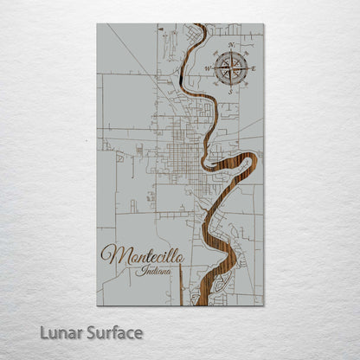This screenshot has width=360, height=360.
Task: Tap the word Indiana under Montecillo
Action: click(x=155, y=271)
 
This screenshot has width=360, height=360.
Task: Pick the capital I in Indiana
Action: click(x=140, y=271)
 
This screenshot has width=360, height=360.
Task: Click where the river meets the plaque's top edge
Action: click(x=200, y=25)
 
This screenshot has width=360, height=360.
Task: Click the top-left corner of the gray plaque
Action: click(x=98, y=24)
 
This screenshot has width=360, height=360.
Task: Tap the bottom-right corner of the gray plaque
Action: click(x=263, y=305)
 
